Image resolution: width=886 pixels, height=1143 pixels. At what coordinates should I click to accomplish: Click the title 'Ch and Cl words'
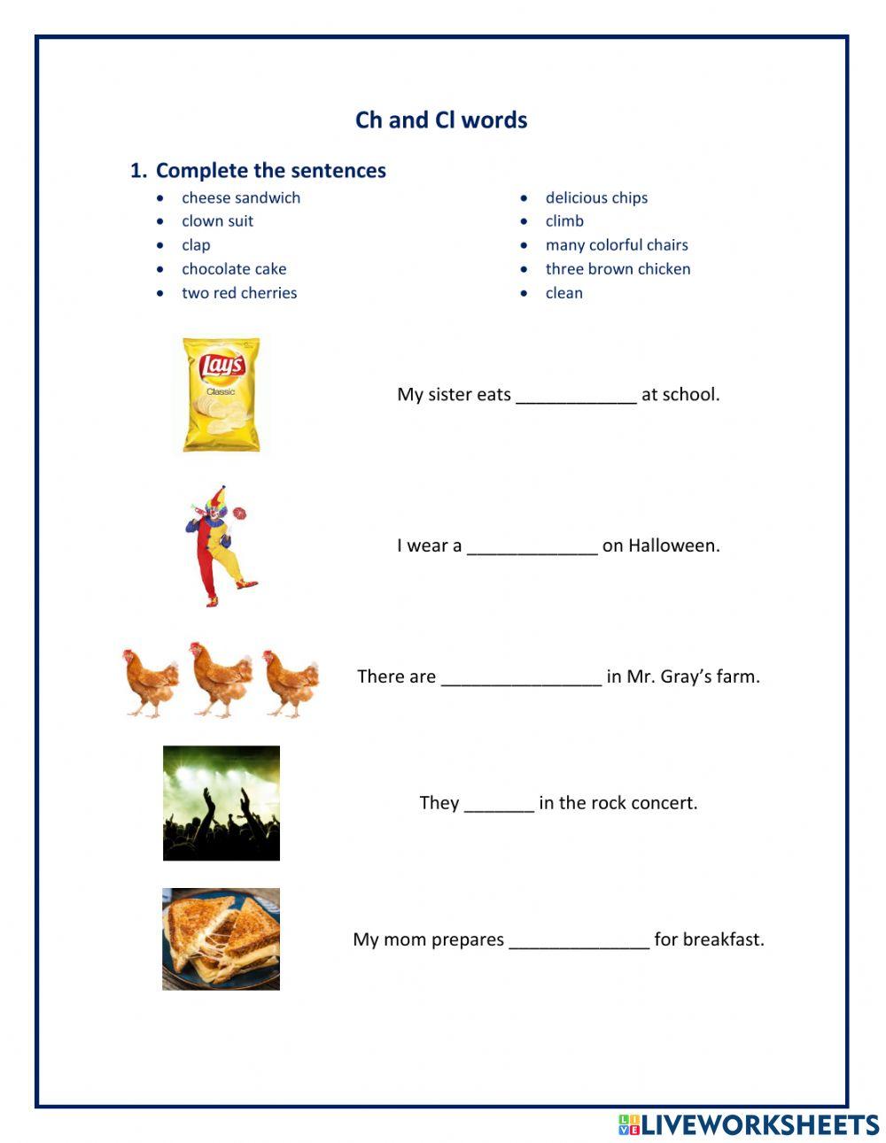[x=441, y=120]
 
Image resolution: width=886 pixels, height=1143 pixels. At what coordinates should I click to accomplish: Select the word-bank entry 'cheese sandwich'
[x=241, y=197]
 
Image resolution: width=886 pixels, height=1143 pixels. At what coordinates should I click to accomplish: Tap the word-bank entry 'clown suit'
[x=217, y=221]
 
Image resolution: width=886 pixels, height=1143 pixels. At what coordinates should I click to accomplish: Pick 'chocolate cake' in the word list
[x=234, y=269]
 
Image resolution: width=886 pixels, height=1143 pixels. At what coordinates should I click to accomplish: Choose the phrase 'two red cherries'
[x=239, y=293]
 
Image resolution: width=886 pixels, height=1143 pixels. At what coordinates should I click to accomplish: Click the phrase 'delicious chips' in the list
[x=596, y=197]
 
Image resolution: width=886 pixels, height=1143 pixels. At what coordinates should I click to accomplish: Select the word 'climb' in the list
[x=564, y=221]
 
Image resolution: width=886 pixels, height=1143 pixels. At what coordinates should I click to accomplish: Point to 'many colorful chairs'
[x=617, y=245]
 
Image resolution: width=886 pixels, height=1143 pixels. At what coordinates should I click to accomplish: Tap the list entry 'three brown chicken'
[x=618, y=269]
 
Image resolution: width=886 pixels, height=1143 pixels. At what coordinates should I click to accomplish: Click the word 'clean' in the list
[x=563, y=293]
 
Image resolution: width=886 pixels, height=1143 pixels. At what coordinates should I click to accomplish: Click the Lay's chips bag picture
[x=221, y=394]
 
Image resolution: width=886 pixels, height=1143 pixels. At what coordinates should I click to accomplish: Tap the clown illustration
[x=220, y=545]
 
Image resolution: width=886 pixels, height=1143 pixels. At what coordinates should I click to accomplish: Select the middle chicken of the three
[x=221, y=678]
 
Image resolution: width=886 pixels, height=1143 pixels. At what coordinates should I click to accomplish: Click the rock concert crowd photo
[x=221, y=803]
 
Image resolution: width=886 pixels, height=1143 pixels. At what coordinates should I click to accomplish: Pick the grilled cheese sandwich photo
[x=221, y=939]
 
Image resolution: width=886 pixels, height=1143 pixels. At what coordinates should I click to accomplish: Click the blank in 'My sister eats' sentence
[x=576, y=396]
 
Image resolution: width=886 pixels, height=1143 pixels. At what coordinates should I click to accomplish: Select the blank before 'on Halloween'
[x=532, y=547]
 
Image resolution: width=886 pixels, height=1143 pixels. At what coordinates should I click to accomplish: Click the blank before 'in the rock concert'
[x=499, y=804]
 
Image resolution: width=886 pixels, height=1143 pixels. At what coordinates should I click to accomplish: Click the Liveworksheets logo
[x=749, y=1124]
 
